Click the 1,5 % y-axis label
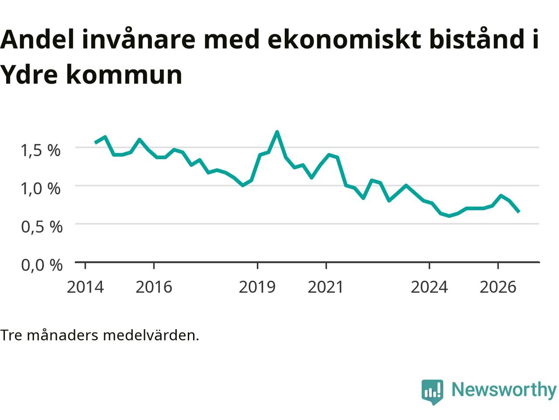[x=41, y=150]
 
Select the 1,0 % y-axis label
[x=41, y=189]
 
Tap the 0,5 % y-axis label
[x=42, y=227]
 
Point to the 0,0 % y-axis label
[x=42, y=265]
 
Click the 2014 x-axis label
[x=85, y=287]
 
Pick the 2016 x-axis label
[x=154, y=287]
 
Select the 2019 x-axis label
[x=257, y=287]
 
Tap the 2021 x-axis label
[x=326, y=287]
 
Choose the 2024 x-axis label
[x=429, y=287]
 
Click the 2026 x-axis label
[x=498, y=287]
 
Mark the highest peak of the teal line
[x=277, y=132]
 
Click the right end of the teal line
[x=519, y=212]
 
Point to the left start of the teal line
[x=96, y=143]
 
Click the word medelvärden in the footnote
[x=151, y=335]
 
